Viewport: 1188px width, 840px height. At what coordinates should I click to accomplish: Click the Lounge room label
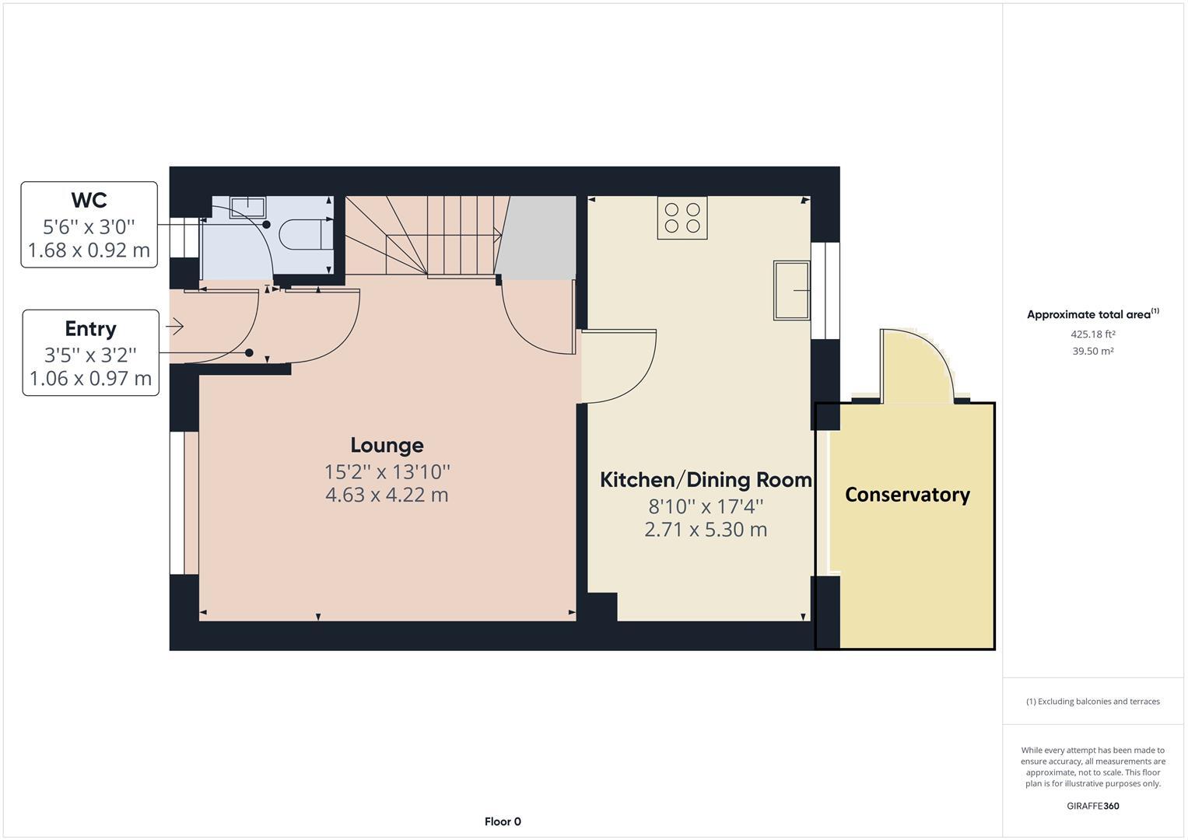tap(387, 445)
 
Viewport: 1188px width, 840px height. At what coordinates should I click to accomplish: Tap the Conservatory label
tap(907, 495)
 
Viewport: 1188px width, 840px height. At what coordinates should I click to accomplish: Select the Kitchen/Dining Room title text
tap(705, 480)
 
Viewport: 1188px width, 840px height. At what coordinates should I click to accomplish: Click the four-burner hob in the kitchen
tap(682, 217)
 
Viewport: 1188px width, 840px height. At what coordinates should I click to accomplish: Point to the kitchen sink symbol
tap(791, 290)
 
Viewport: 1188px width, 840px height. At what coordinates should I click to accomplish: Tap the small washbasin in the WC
tap(247, 207)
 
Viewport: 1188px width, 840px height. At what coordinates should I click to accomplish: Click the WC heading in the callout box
tap(89, 200)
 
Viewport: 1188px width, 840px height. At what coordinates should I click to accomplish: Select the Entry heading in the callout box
tap(90, 328)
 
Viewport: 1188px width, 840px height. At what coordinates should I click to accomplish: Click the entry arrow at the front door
tap(175, 327)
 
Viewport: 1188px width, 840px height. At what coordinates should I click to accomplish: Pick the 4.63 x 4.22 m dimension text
tap(387, 495)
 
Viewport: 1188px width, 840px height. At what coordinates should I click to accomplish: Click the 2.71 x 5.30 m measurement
tap(705, 530)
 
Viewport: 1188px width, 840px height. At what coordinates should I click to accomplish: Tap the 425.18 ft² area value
tap(1092, 334)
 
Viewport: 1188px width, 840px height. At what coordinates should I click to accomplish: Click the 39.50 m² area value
tap(1092, 352)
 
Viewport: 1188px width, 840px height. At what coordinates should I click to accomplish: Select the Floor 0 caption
tap(503, 821)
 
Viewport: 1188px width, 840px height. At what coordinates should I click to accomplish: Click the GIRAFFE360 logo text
tap(1092, 806)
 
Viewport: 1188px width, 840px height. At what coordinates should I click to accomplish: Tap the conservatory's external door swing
tap(918, 366)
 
